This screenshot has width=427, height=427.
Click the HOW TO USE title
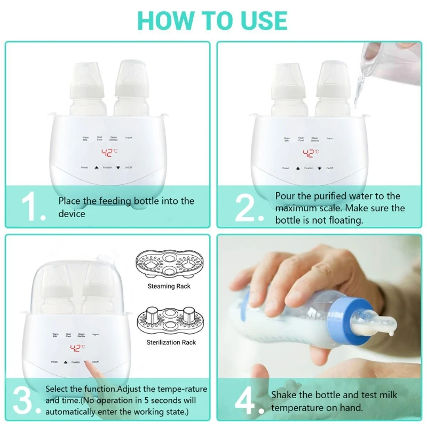[212, 20]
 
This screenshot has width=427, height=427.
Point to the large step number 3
[26, 400]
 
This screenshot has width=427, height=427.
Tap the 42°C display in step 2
[311, 153]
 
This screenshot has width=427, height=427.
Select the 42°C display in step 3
[78, 349]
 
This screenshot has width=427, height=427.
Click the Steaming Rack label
[169, 287]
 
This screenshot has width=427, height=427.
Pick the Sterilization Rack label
[171, 342]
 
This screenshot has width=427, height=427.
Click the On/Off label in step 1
[129, 168]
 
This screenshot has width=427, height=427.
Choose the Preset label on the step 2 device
[286, 168]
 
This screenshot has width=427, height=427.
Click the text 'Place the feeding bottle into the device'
[126, 207]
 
